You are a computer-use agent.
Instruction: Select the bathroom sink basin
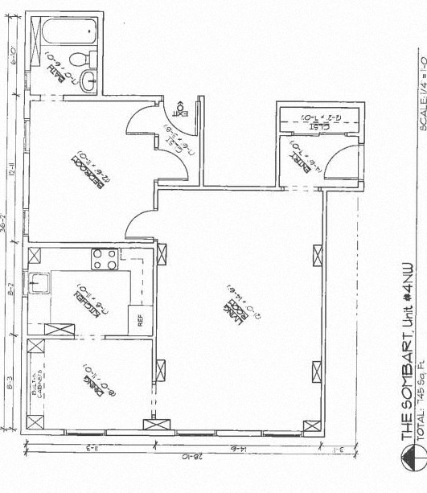89,80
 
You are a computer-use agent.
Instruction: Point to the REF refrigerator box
140,320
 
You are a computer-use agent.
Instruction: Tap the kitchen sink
39,283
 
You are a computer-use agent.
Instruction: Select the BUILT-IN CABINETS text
39,380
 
